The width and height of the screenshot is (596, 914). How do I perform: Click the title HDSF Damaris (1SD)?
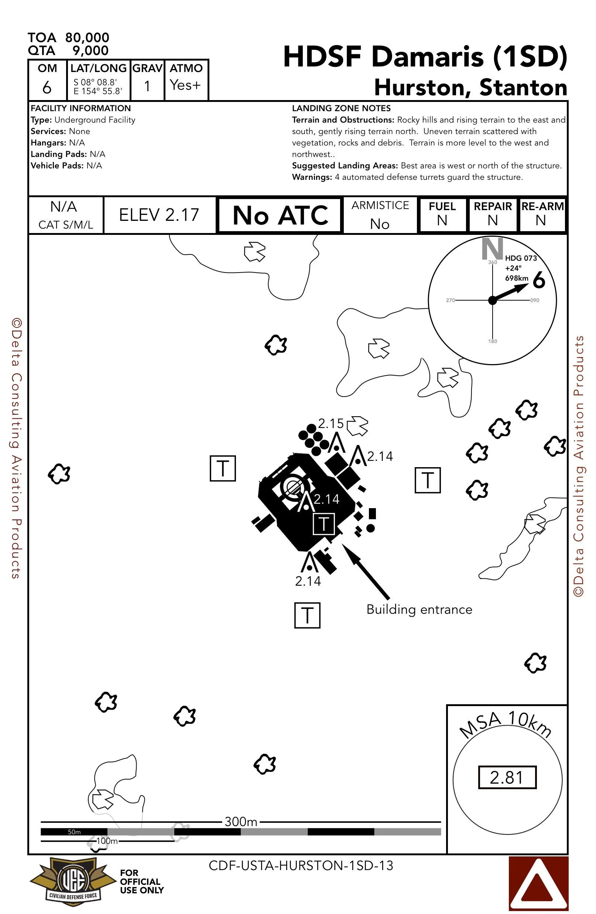[x=425, y=57]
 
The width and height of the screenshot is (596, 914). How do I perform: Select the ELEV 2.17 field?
[x=159, y=215]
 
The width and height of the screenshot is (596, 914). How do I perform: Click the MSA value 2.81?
[x=507, y=777]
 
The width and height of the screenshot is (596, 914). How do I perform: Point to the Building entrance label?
[x=419, y=609]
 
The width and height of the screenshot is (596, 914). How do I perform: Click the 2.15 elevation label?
[x=330, y=423]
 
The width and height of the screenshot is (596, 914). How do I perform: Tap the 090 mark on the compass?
[x=535, y=300]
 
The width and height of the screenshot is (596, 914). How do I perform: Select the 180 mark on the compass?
[x=492, y=341]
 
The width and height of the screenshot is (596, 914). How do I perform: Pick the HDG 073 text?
[x=520, y=258]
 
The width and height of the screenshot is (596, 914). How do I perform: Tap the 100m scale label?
[x=107, y=841]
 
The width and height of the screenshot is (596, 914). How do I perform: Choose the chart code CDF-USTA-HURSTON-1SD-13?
[x=301, y=866]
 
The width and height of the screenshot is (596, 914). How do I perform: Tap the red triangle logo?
[x=538, y=883]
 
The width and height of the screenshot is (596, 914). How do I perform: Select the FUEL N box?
[x=442, y=214]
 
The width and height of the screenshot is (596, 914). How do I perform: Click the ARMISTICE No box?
[x=380, y=215]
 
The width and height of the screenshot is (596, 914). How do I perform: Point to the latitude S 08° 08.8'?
[x=95, y=82]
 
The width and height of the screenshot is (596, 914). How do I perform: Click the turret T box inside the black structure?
[x=324, y=524]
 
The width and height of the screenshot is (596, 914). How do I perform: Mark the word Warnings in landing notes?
[x=312, y=177]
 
